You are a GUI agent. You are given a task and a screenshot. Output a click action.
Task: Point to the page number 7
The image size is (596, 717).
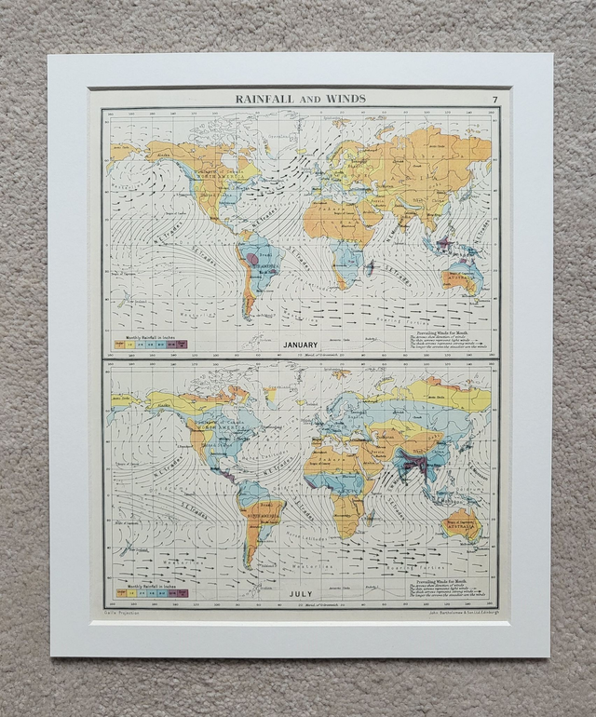[494, 100]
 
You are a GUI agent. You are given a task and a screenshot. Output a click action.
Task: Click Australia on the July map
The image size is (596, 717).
[463, 524]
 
